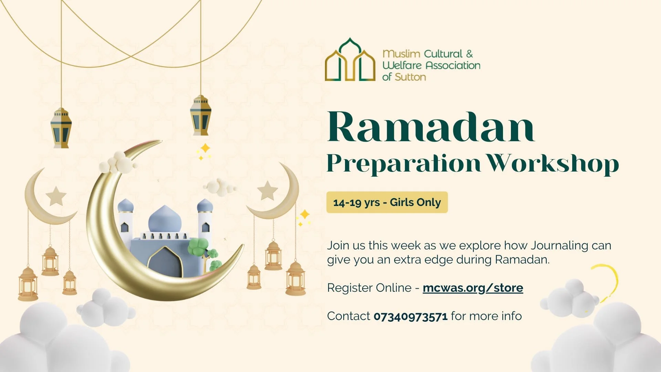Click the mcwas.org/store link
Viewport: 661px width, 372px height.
pos(473,288)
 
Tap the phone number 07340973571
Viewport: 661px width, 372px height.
pos(410,316)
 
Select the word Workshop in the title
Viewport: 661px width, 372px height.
pos(554,163)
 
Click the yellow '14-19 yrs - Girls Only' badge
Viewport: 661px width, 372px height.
pos(387,202)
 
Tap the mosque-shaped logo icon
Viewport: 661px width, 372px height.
pos(350,60)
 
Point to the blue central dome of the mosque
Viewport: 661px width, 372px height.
pos(165,219)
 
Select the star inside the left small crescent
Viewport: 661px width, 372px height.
pos(56,196)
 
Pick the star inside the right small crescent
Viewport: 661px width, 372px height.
pos(267,190)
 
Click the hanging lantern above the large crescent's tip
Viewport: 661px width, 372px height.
pos(200,115)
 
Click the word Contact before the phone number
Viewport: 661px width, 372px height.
pos(348,316)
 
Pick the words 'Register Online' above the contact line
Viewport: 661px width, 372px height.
pos(369,288)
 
